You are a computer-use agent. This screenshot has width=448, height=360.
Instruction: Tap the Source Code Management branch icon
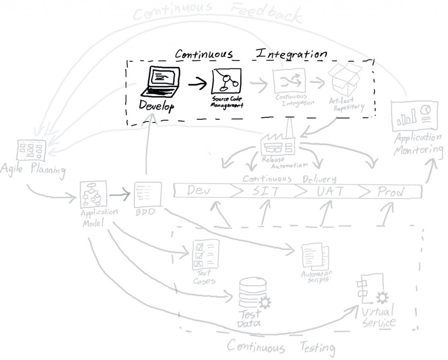(227, 81)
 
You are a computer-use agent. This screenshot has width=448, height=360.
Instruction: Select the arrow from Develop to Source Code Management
(197, 83)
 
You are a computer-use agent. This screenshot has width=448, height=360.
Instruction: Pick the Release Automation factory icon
(278, 143)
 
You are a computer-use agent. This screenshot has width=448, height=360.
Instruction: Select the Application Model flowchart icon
(92, 194)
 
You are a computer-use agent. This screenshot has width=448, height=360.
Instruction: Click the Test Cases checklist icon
(205, 255)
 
